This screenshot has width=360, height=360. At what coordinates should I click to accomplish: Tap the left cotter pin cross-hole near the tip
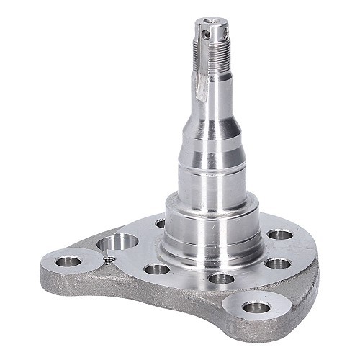point(204,33)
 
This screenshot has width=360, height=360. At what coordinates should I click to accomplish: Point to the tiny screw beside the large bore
point(108,261)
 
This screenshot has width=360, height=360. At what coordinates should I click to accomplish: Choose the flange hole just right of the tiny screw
point(157,269)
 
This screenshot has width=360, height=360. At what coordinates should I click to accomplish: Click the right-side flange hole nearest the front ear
point(276,264)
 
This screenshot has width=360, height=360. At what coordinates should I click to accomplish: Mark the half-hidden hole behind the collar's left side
point(160,223)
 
